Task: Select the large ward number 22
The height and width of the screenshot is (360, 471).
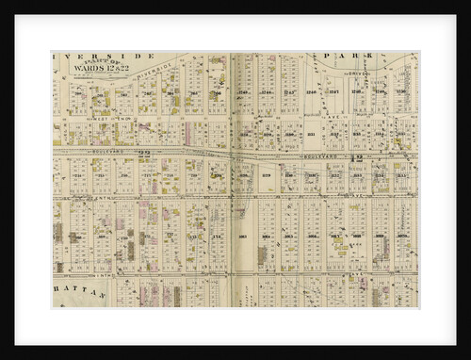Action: coord(144,151)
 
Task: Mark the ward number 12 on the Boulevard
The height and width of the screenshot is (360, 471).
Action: coord(358,156)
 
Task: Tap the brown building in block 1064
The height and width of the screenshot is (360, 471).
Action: coord(262,254)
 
